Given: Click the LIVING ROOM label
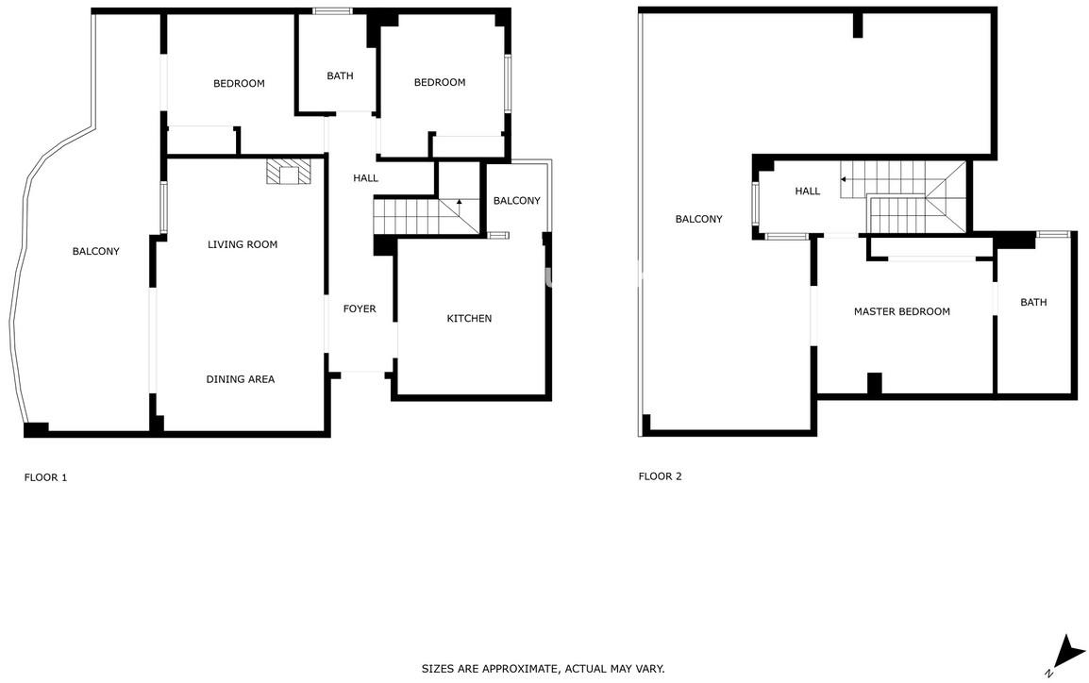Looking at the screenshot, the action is [x=243, y=244].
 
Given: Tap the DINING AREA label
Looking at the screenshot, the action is [x=241, y=379].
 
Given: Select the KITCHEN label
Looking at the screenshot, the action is [x=469, y=319].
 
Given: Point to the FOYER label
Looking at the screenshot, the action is [x=360, y=308].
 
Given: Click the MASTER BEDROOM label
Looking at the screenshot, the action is [x=901, y=311].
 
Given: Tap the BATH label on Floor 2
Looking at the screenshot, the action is [x=1033, y=302].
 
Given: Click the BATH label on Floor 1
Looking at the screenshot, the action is [x=341, y=75].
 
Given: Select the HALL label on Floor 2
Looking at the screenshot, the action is [x=808, y=191].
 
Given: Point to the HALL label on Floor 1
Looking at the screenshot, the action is [x=365, y=178].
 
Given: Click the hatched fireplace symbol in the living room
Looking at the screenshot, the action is [x=288, y=172].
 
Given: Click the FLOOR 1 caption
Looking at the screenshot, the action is [x=46, y=477].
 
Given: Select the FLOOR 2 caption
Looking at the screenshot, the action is [x=660, y=476].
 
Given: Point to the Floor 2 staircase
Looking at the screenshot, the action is [x=903, y=197].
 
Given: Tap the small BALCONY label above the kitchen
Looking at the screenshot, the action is [x=517, y=201].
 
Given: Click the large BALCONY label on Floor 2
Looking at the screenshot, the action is [x=698, y=220].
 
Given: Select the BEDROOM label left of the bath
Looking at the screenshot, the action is [x=239, y=83].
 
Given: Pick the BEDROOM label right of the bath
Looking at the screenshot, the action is [x=440, y=83].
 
